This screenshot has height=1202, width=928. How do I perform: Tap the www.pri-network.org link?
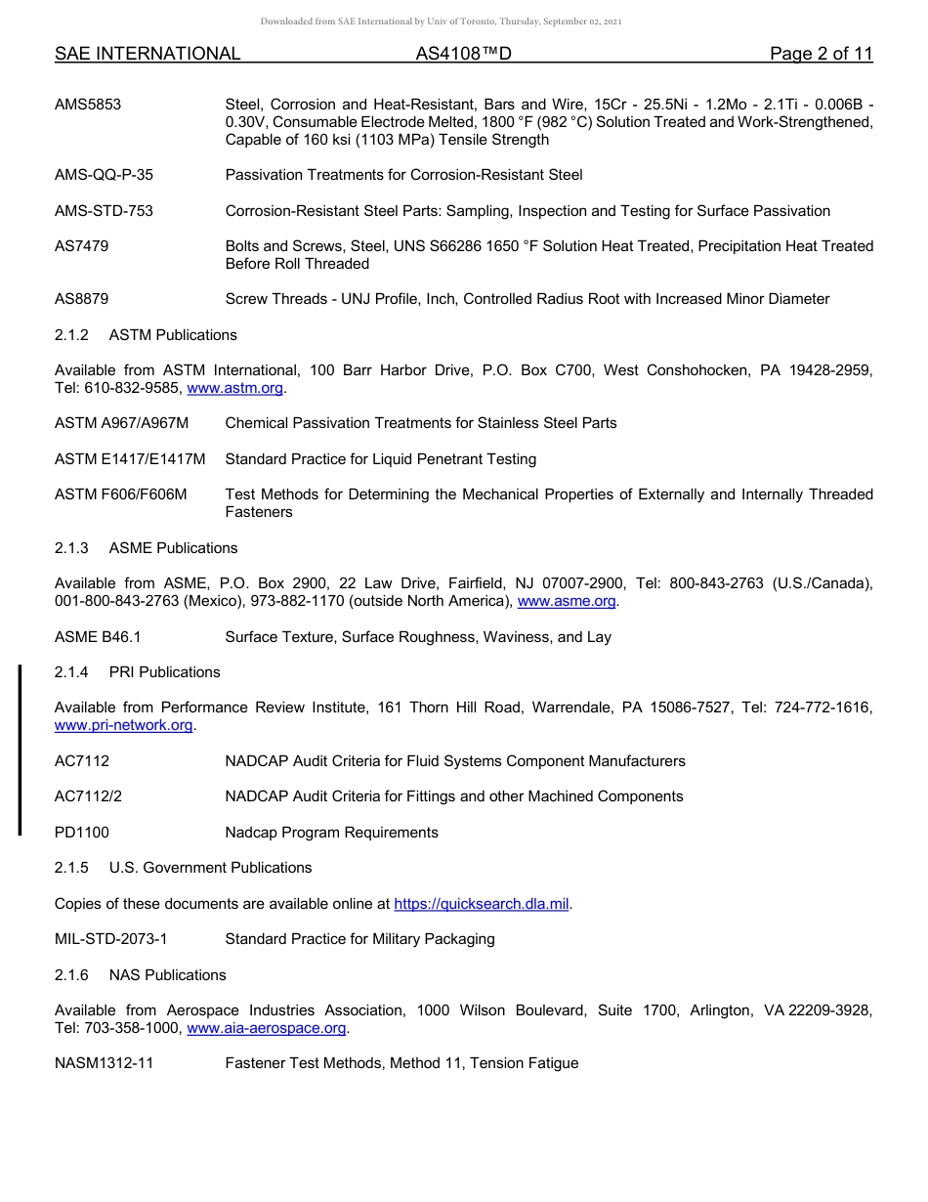[124, 725]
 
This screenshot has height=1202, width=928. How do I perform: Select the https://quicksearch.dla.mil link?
[481, 904]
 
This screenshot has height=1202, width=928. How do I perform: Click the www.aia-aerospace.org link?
[267, 1028]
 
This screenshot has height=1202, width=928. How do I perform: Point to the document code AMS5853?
[88, 105]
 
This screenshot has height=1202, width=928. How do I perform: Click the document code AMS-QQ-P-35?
[104, 175]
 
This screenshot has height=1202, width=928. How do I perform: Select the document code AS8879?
[81, 299]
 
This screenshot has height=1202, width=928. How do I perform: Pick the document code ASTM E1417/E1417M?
[130, 459]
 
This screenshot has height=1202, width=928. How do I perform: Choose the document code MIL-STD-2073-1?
[111, 939]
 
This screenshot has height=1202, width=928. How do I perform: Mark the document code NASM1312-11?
[104, 1063]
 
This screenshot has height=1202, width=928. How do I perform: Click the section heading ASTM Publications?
[173, 335]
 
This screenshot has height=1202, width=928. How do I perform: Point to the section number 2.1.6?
[71, 975]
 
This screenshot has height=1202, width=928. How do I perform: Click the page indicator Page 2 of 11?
[821, 54]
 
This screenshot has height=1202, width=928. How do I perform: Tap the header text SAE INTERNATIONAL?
[148, 54]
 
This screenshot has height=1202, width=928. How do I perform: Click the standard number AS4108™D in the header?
[463, 54]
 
